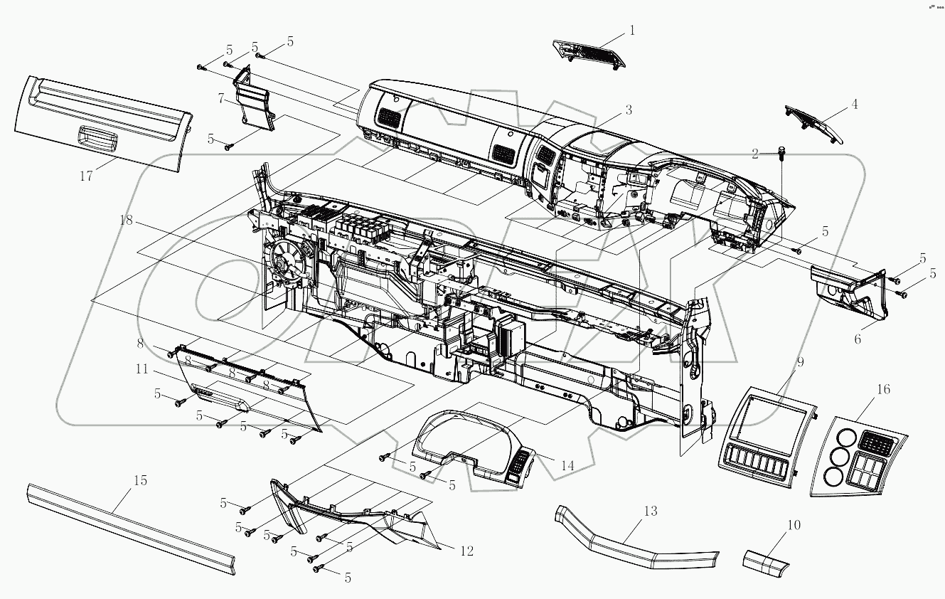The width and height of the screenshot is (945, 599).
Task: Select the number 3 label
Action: tap(628, 110)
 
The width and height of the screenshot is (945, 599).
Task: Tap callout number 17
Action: tap(86, 176)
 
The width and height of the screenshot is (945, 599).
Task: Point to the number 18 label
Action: tap(127, 221)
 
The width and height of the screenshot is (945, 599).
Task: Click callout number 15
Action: tap(140, 480)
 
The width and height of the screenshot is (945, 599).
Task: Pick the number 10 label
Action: tap(794, 525)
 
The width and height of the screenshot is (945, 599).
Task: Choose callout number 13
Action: tap(650, 511)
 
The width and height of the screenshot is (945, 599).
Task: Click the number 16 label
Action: tap(863, 389)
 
